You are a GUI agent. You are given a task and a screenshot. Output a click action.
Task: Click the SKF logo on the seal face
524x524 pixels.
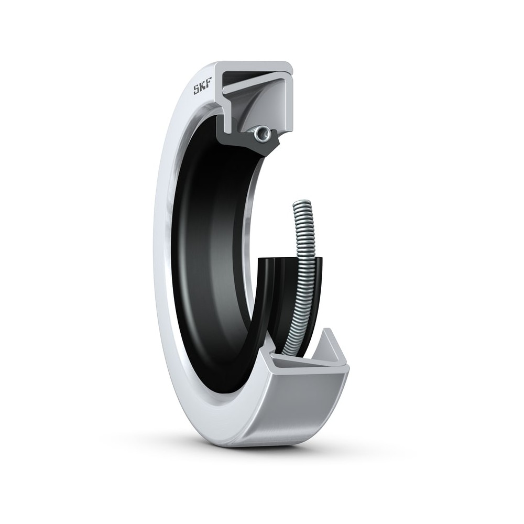coord(202,90)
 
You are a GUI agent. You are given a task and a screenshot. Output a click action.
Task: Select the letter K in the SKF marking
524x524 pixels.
coord(203,89)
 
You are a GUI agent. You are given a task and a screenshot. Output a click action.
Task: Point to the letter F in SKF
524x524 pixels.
coord(209,88)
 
